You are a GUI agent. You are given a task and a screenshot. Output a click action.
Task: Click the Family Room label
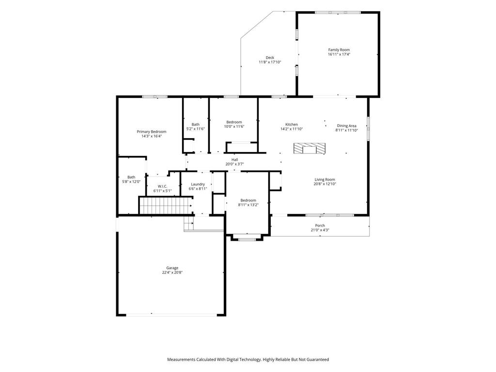(339, 50)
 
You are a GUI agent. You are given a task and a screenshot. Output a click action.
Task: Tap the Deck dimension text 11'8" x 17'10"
(270, 62)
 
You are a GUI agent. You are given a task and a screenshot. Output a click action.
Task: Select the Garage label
(172, 268)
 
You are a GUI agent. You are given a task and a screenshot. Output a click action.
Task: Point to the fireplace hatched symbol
(310, 148)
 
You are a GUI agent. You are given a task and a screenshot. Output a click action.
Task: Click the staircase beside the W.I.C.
(166, 205)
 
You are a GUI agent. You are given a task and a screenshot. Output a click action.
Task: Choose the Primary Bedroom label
(152, 132)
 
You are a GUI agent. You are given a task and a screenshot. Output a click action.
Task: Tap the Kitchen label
(291, 124)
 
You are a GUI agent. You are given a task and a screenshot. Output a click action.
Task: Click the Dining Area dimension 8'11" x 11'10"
(347, 130)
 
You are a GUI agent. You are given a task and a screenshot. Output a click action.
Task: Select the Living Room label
(325, 179)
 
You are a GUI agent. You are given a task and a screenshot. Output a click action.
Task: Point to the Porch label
(320, 226)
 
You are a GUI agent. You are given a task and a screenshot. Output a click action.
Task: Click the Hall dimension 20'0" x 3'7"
(235, 164)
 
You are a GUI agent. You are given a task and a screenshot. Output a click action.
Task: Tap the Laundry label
(198, 184)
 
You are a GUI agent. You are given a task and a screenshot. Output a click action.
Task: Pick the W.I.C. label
(162, 186)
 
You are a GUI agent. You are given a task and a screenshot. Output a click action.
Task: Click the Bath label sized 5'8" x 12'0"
(131, 177)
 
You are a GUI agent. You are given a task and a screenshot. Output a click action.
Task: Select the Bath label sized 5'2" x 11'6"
(196, 124)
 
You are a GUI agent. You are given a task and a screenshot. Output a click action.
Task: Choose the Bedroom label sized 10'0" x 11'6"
(234, 122)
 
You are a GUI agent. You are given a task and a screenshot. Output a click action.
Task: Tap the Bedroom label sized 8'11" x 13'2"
(248, 200)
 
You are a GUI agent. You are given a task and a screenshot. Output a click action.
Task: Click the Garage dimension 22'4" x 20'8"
(172, 272)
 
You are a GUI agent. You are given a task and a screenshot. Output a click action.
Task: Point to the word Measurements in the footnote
(181, 359)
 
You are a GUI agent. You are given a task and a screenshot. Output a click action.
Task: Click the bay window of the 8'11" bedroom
(247, 238)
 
